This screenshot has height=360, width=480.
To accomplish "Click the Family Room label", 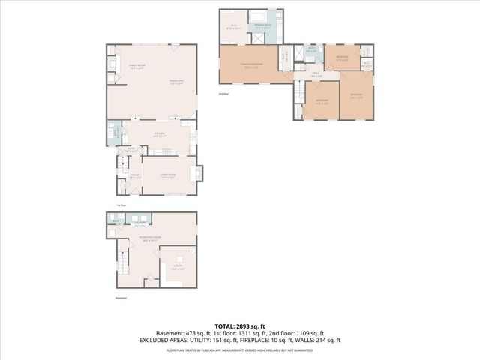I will pyautogui.click(x=136, y=67).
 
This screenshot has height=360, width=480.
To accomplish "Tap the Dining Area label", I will pyautogui.click(x=177, y=81).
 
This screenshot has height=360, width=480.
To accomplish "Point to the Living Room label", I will pyautogui.click(x=168, y=176).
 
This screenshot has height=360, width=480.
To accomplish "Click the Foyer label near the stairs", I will pyautogui.click(x=135, y=176).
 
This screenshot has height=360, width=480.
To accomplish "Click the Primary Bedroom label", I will pyautogui.click(x=250, y=66).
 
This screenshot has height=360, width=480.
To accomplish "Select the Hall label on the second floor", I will pyautogui.click(x=316, y=74).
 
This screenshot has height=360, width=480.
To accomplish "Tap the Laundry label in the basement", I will pyautogui.click(x=140, y=223).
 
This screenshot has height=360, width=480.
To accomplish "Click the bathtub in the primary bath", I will pyautogui.click(x=257, y=16).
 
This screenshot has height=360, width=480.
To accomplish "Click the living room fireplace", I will pyautogui.click(x=198, y=175).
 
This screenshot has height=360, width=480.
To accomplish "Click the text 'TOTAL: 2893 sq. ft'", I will pyautogui.click(x=239, y=324).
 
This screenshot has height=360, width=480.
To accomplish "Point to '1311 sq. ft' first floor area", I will pyautogui.click(x=251, y=332).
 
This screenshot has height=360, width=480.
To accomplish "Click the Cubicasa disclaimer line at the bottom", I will pyautogui.click(x=239, y=349).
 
